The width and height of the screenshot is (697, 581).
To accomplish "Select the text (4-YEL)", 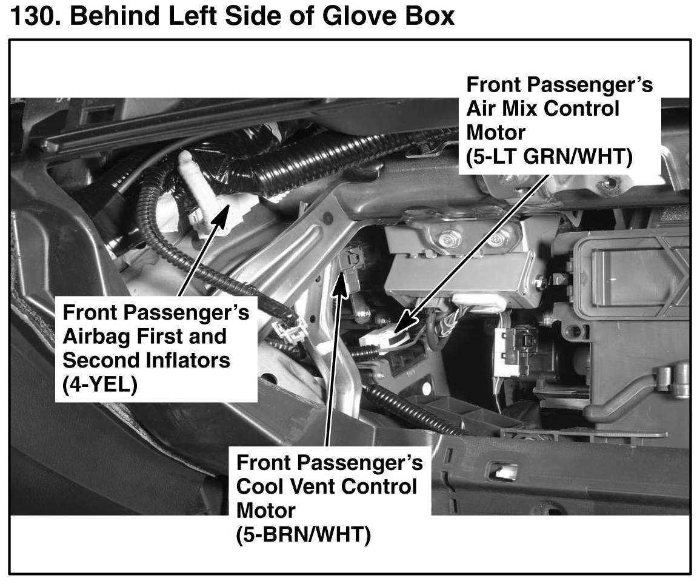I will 100,385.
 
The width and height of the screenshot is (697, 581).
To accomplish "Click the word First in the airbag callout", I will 170,337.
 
